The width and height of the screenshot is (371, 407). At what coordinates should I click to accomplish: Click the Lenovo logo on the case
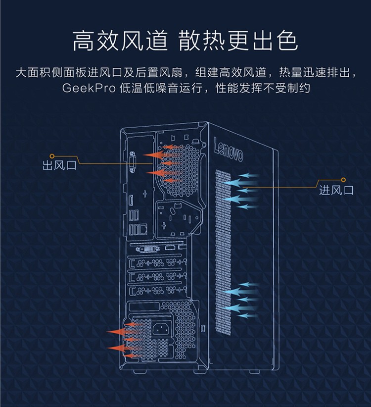pos(228,148)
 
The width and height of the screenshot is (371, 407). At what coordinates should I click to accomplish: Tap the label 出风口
pos(59,165)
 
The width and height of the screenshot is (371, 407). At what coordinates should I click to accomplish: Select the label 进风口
pos(336,190)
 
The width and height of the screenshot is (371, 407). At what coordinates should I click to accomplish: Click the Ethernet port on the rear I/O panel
pos(143,228)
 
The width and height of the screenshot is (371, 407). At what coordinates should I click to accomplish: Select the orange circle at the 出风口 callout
pos(52,154)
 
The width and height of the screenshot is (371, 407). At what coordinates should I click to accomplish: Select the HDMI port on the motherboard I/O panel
pos(131,202)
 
